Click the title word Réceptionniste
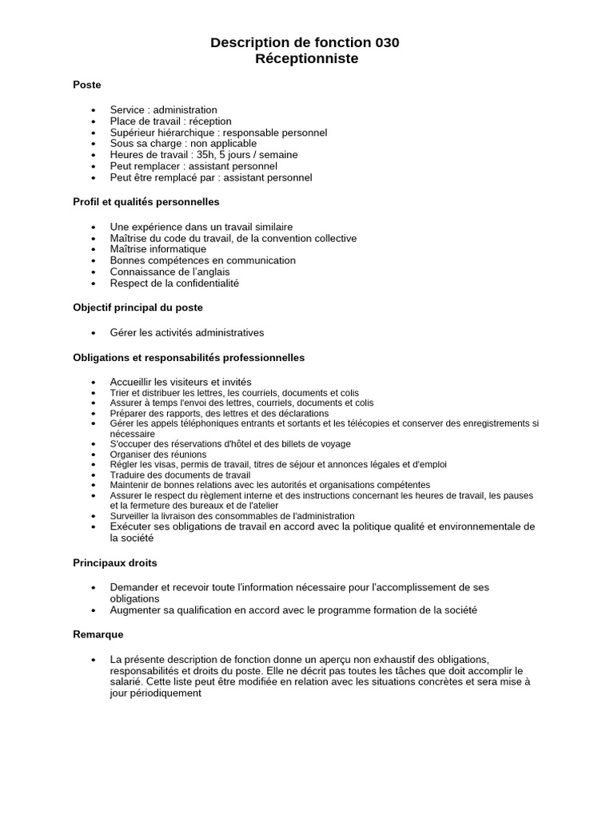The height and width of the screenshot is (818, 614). tap(307, 59)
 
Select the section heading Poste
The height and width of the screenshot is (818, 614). tap(87, 85)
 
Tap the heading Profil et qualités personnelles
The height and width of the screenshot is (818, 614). tap(146, 202)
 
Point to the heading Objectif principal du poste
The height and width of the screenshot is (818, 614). tap(138, 308)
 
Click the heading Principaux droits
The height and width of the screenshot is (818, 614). tap(115, 562)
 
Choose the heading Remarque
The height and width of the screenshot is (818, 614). tap(98, 634)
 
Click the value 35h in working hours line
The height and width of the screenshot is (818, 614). tap(209, 155)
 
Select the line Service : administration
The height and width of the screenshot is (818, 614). tap(163, 110)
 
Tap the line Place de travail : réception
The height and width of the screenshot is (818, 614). tap(170, 121)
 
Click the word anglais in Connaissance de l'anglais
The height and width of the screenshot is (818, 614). tap(210, 272)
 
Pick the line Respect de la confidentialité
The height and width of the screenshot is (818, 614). tap(174, 284)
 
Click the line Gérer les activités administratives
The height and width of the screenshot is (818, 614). tap(186, 332)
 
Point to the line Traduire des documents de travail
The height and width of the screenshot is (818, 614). tap(180, 475)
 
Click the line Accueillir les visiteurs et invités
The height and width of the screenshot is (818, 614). tap(181, 383)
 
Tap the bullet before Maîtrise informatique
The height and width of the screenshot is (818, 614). tap(94, 250)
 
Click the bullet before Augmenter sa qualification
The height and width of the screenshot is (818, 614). tap(94, 610)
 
